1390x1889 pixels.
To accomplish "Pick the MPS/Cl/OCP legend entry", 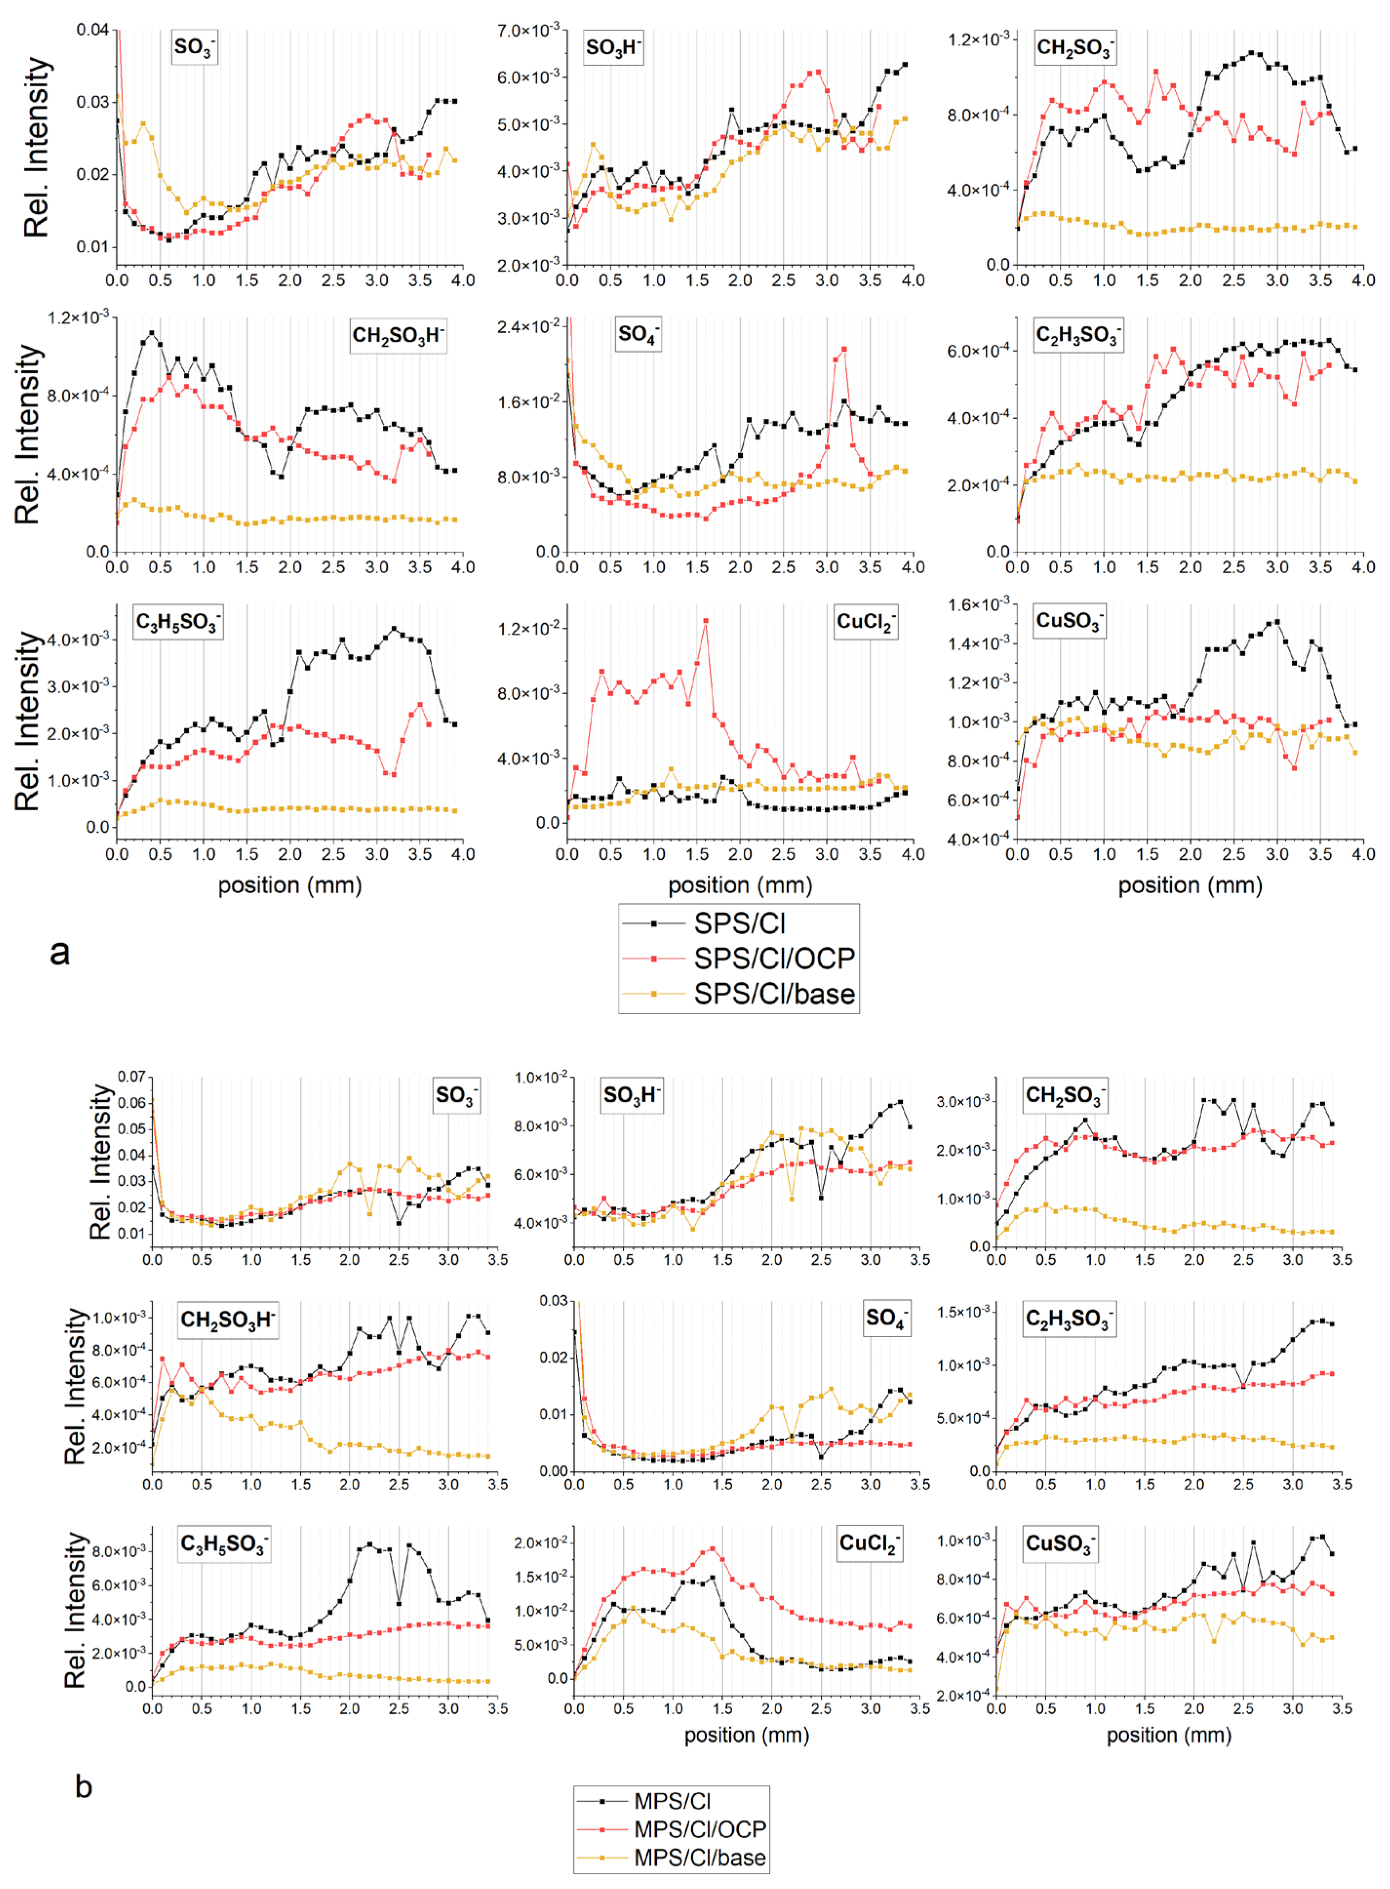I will [699, 1829].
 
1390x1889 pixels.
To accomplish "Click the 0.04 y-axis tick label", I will [93, 30].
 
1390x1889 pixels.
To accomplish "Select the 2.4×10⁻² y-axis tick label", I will [528, 326].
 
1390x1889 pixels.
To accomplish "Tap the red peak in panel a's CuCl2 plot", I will [705, 621].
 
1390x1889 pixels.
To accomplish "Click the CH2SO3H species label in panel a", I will [397, 336].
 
